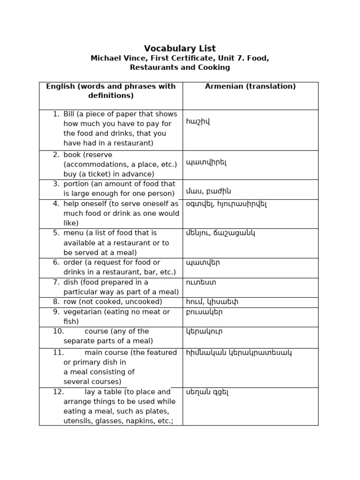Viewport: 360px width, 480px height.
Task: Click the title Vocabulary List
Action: pyautogui.click(x=180, y=48)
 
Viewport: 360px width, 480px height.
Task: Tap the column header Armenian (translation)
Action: pyautogui.click(x=250, y=86)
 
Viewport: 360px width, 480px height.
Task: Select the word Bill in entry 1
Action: pyautogui.click(x=69, y=114)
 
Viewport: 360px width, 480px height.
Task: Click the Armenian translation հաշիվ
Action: pyautogui.click(x=198, y=122)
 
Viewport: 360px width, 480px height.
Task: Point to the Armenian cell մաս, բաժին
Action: pyautogui.click(x=209, y=191)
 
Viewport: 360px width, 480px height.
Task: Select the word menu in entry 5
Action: pyautogui.click(x=73, y=233)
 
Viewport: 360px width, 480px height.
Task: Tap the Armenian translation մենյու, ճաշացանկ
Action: pyautogui.click(x=220, y=233)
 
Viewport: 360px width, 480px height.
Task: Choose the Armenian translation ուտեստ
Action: pyautogui.click(x=201, y=282)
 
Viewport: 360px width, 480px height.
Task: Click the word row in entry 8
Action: pyautogui.click(x=71, y=302)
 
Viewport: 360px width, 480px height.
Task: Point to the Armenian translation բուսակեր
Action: pyautogui.click(x=204, y=312)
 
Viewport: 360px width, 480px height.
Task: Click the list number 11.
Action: pyautogui.click(x=58, y=352)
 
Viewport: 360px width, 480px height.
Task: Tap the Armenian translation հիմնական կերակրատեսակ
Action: pyautogui.click(x=239, y=352)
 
